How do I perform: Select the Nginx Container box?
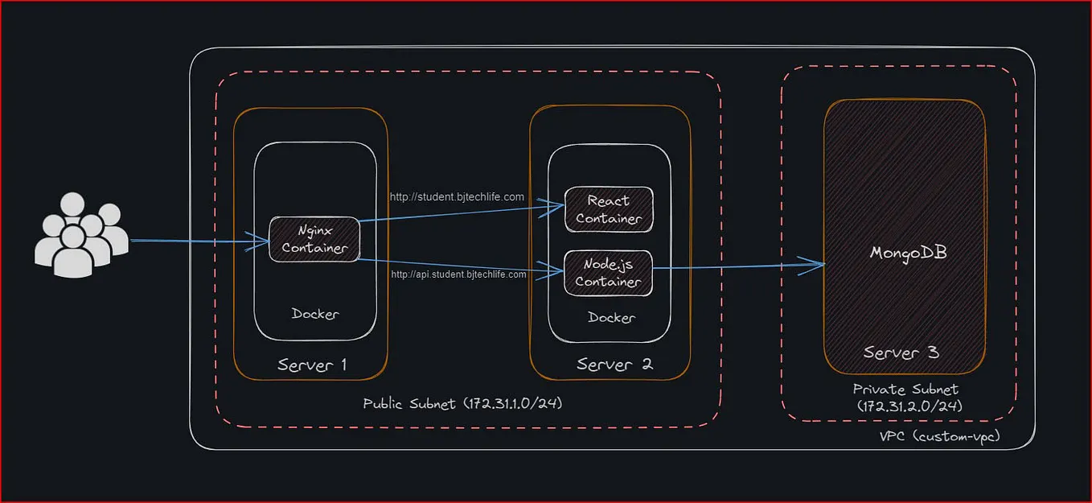click(x=314, y=239)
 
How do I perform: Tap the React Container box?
click(x=609, y=209)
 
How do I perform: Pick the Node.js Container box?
click(x=608, y=274)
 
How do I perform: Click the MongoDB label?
click(x=909, y=253)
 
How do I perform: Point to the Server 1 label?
click(x=312, y=365)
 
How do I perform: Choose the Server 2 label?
click(x=615, y=365)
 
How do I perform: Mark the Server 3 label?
click(x=901, y=353)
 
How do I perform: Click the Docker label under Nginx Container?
click(x=315, y=314)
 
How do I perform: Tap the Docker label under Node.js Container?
click(x=611, y=318)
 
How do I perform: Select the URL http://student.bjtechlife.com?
click(x=457, y=197)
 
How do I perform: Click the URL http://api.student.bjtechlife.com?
click(x=458, y=274)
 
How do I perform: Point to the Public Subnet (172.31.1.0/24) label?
click(x=462, y=404)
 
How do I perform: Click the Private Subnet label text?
click(x=905, y=390)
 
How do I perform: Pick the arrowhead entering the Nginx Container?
click(x=261, y=241)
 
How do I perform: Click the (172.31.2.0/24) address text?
click(x=909, y=406)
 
